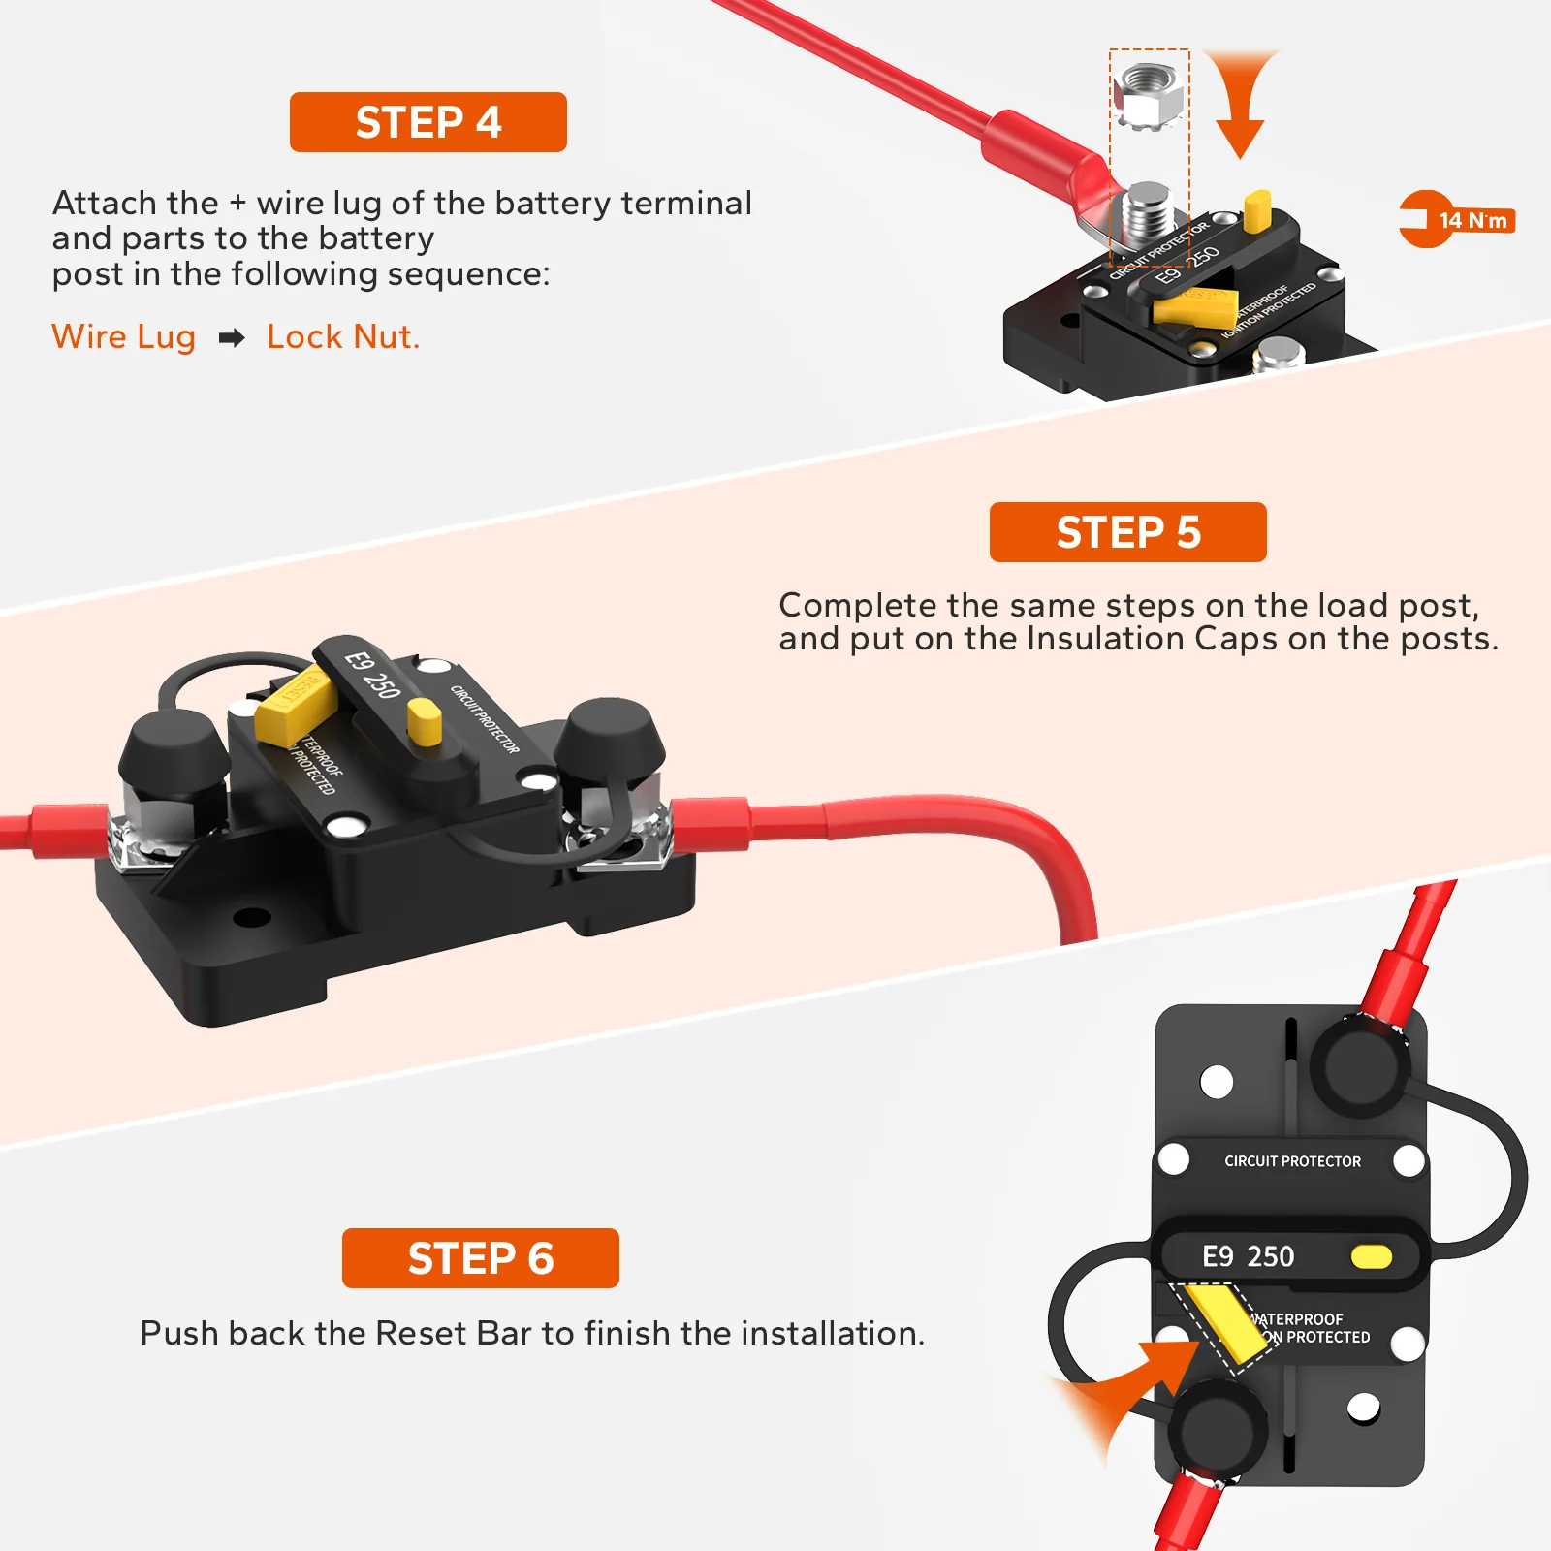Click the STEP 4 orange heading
tap(427, 122)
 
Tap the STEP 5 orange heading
tap(1127, 532)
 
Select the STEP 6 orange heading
tap(480, 1258)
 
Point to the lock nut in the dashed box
tap(1148, 94)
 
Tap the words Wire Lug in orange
tap(123, 337)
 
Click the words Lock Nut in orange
tap(342, 337)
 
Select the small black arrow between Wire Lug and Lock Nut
tap(232, 338)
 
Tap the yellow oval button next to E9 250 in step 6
tap(1371, 1257)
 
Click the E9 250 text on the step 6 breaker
tap(1248, 1256)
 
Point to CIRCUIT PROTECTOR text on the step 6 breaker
tap(1292, 1161)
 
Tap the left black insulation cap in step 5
tap(173, 754)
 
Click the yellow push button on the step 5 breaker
tap(425, 722)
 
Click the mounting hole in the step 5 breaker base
tap(252, 916)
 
